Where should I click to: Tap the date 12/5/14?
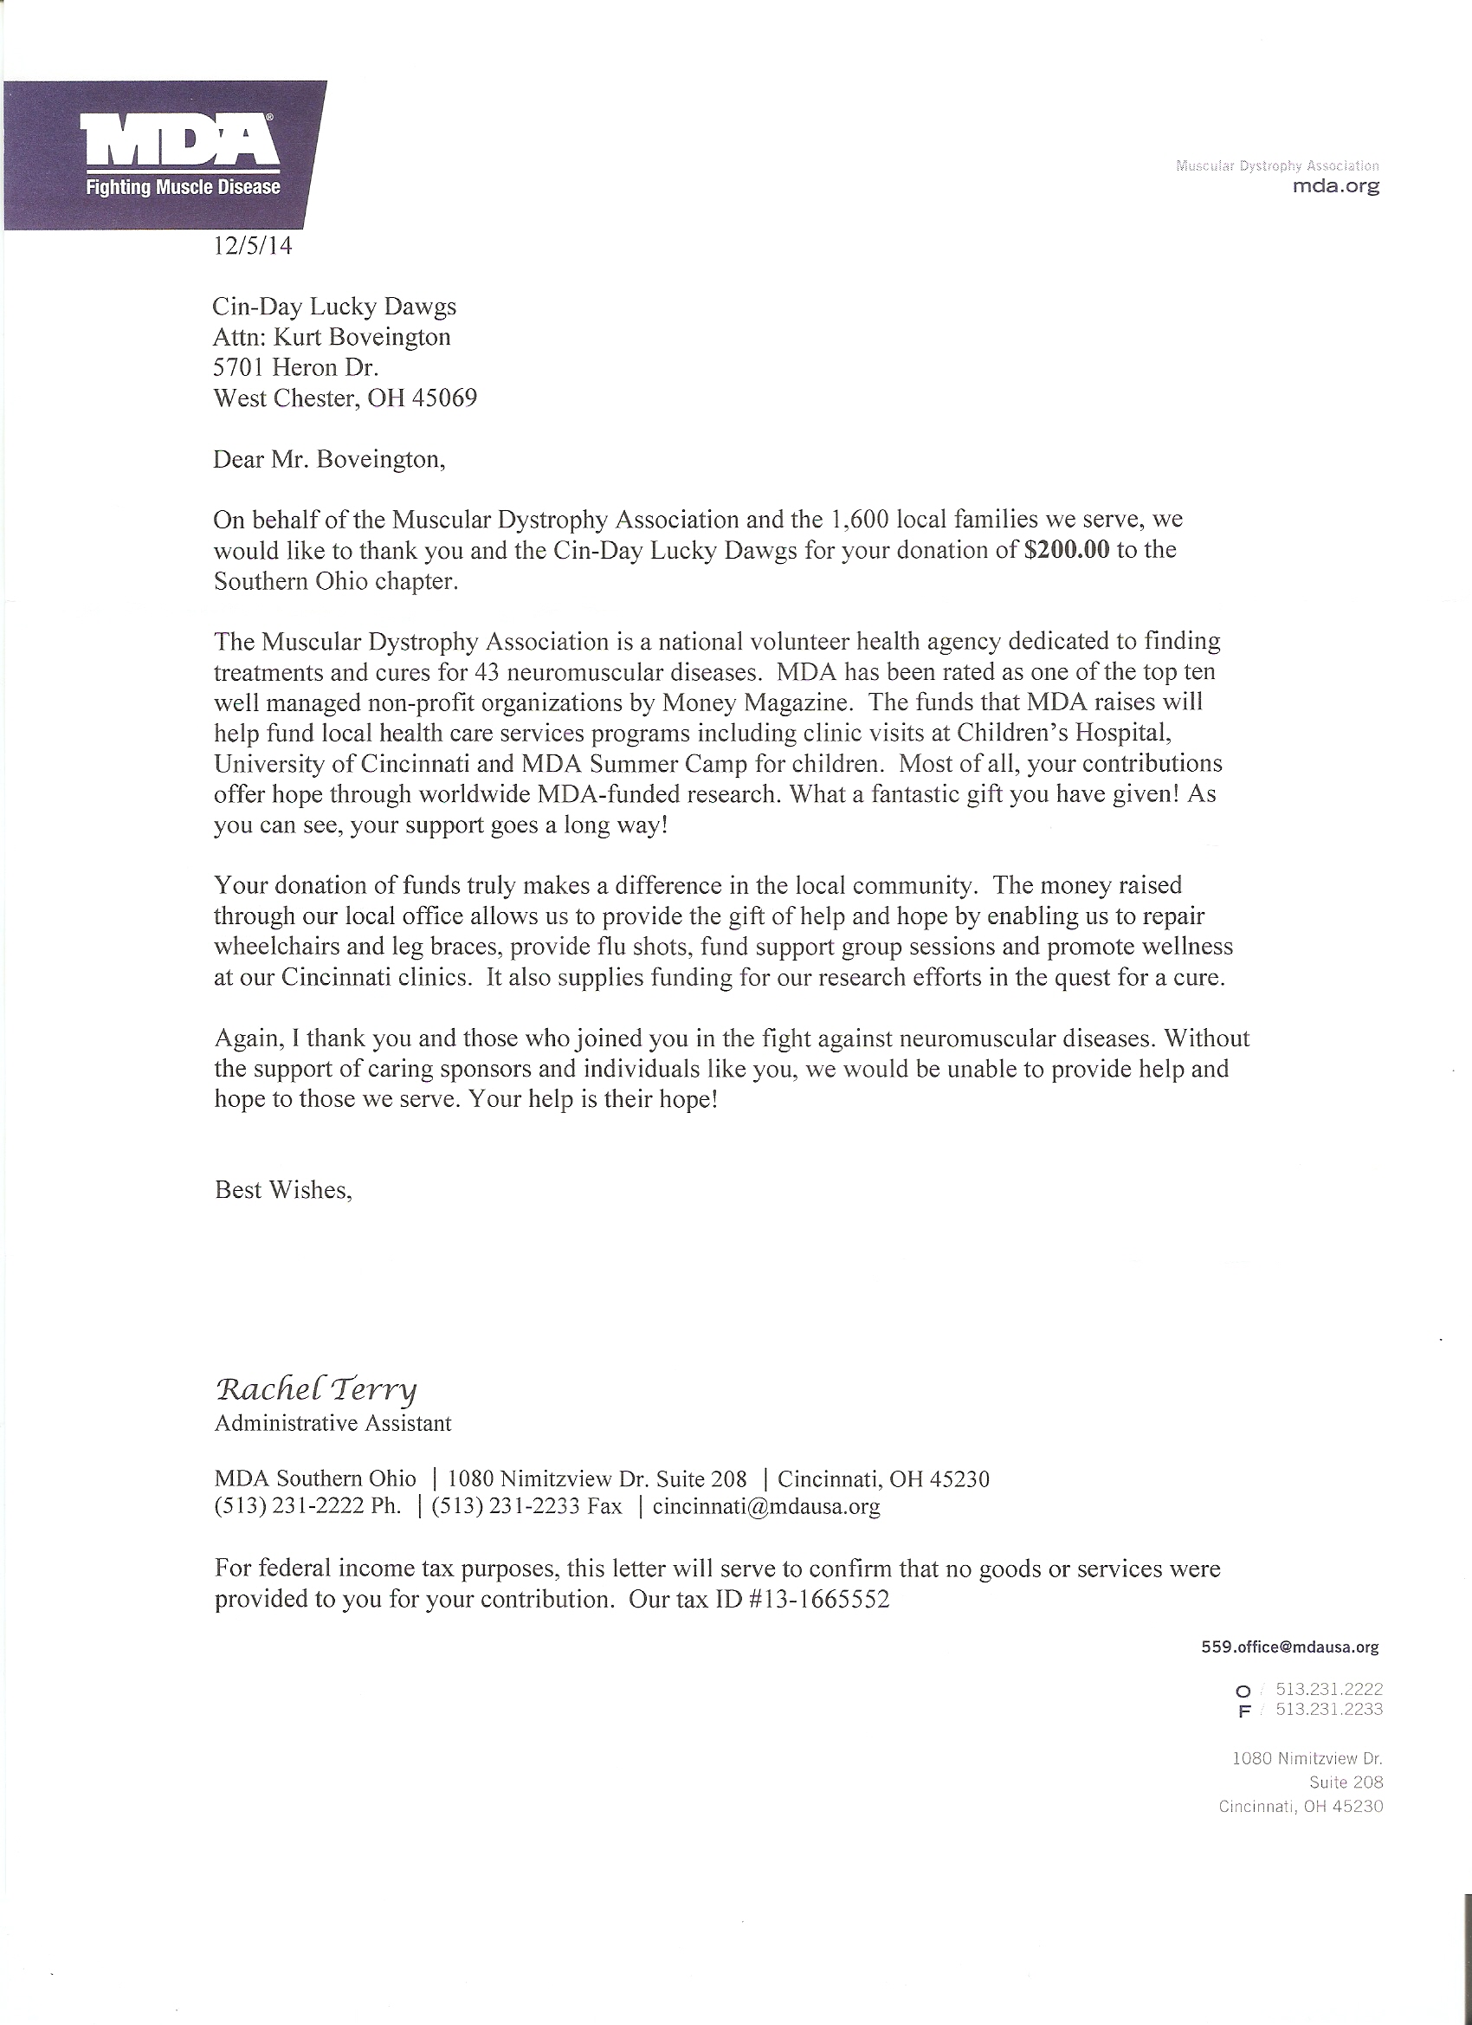(253, 245)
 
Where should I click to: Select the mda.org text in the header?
(1335, 186)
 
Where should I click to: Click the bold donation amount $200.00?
(1068, 550)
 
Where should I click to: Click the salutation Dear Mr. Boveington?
(328, 460)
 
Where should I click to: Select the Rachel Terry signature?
(316, 1389)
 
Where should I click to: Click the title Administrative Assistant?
(333, 1423)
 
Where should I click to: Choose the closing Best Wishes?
(283, 1190)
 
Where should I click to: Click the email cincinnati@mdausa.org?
(766, 1506)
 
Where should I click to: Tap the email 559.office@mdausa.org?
(1290, 1647)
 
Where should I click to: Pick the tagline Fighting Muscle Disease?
(182, 187)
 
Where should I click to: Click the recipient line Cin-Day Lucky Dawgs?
(335, 307)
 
